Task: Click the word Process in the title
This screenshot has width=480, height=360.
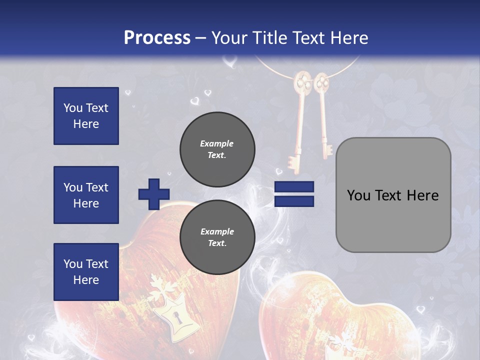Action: pyautogui.click(x=157, y=38)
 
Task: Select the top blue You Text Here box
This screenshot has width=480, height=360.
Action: pyautogui.click(x=86, y=116)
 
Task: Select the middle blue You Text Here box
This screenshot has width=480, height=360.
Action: pyautogui.click(x=86, y=195)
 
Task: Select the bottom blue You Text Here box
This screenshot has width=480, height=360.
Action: pyautogui.click(x=86, y=271)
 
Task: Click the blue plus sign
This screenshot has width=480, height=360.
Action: pyautogui.click(x=154, y=194)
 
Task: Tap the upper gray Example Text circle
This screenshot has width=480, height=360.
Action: pyautogui.click(x=217, y=149)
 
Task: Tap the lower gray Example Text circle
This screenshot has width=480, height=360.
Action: pyautogui.click(x=217, y=237)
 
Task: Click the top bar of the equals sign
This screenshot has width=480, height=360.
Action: pyautogui.click(x=294, y=187)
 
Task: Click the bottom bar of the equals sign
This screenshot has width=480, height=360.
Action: pyautogui.click(x=294, y=201)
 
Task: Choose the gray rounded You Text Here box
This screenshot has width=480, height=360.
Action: pyautogui.click(x=393, y=195)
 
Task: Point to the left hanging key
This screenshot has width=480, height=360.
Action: pyautogui.click(x=299, y=120)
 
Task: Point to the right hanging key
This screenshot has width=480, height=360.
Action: pyautogui.click(x=323, y=115)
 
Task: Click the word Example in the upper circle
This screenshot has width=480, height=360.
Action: pyautogui.click(x=217, y=143)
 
